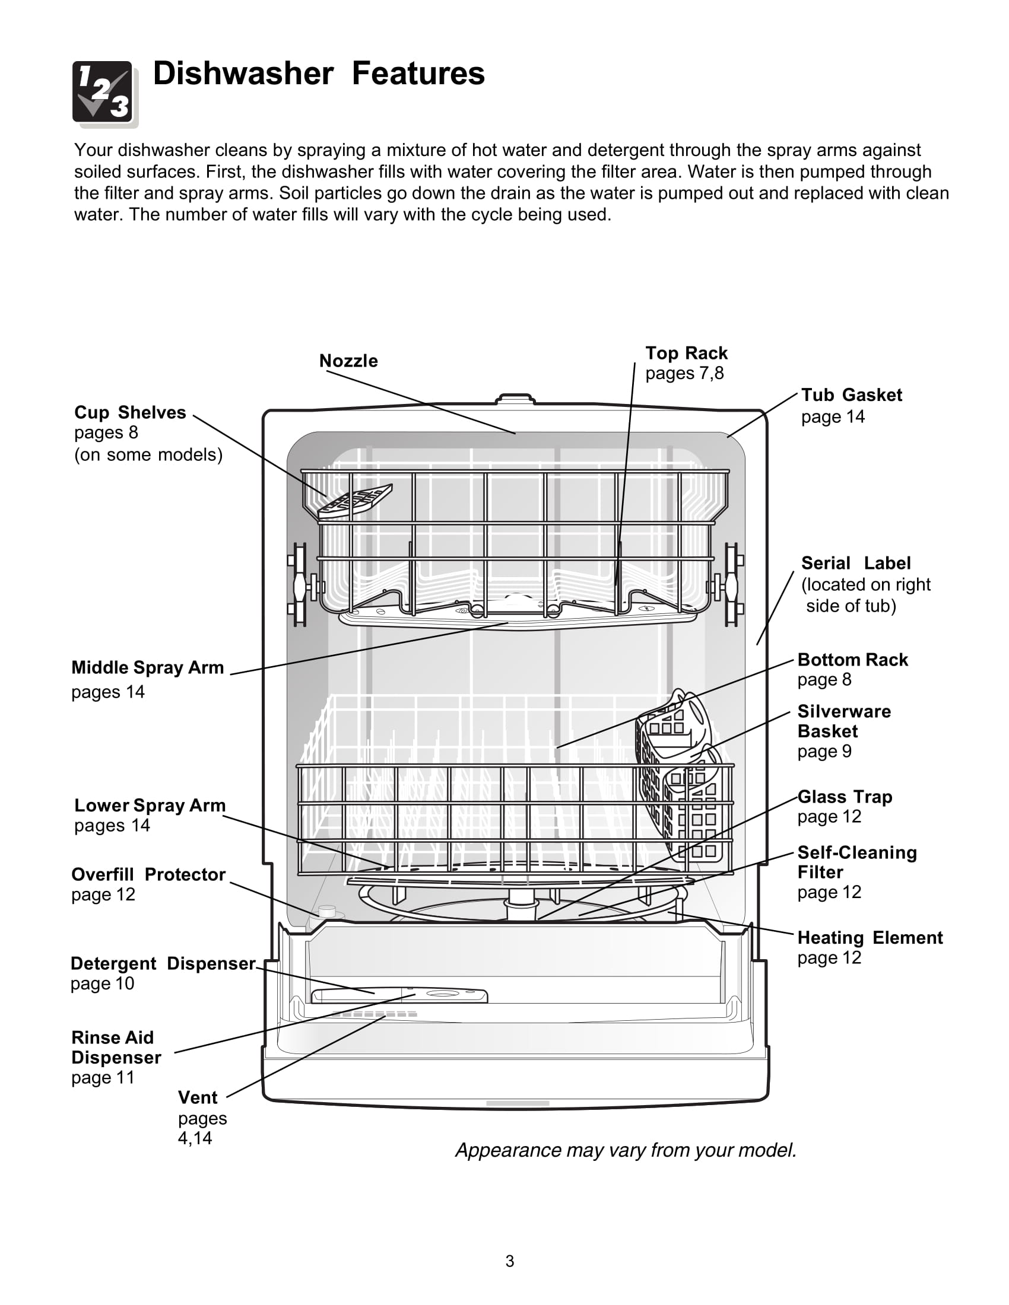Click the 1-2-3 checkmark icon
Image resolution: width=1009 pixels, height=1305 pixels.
[x=105, y=94]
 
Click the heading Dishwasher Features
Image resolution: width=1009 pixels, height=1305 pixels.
[x=319, y=74]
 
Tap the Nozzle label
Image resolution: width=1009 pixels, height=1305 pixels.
[x=348, y=361]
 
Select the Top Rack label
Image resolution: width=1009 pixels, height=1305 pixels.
[x=686, y=353]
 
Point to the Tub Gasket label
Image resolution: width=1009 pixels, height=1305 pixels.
[x=851, y=395]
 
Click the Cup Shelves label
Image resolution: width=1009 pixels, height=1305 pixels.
[x=131, y=413]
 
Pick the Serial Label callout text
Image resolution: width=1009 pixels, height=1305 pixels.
[x=855, y=563]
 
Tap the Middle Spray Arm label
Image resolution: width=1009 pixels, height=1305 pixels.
[x=148, y=667]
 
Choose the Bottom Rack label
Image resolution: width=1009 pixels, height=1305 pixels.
[x=852, y=660]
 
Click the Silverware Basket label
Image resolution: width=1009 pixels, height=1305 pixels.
[x=844, y=721]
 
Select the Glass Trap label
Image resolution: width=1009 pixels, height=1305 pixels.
[x=845, y=797]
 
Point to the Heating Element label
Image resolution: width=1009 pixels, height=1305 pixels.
[x=870, y=937]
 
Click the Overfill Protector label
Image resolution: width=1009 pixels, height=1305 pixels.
[x=148, y=875]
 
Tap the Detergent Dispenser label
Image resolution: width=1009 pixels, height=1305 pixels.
[x=163, y=964]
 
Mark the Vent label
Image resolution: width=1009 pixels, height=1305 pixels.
[x=198, y=1097]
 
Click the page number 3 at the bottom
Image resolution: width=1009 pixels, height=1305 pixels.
[x=509, y=1261]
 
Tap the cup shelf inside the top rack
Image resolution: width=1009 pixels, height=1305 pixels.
[x=355, y=501]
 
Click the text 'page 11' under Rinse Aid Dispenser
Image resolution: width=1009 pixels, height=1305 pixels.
[x=103, y=1078]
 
